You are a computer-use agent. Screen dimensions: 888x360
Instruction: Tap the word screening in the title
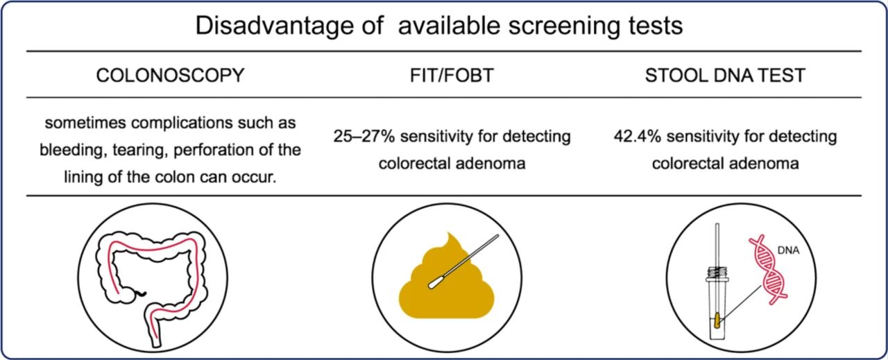(564, 26)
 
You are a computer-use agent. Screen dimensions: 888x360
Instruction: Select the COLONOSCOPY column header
(170, 76)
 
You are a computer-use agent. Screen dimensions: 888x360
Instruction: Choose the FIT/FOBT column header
(452, 76)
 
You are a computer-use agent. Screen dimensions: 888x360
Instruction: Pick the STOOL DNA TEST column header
(725, 76)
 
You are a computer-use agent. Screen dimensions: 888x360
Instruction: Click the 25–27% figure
(364, 137)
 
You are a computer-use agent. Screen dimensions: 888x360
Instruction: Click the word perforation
(218, 151)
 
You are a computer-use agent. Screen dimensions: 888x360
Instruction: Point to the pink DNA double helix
(767, 271)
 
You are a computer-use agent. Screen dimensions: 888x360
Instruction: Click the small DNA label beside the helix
(788, 250)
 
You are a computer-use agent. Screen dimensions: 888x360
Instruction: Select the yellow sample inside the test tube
(717, 320)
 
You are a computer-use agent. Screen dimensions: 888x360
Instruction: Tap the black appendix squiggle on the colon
(139, 294)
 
